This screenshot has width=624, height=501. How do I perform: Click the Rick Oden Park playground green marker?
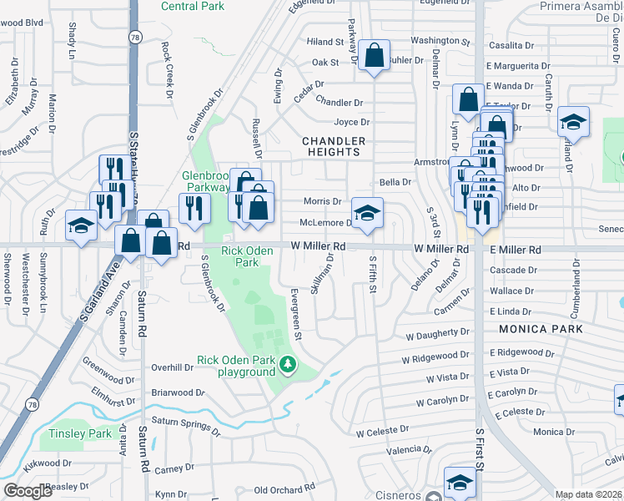pos(288,364)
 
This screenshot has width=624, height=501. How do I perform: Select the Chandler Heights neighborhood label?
pos(331,146)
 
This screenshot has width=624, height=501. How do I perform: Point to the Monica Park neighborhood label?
pos(541,329)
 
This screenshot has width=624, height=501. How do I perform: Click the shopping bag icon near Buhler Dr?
pos(375,56)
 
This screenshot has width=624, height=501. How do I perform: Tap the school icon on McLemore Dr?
pos(367,213)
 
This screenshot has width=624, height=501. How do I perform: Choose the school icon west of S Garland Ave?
pos(82,225)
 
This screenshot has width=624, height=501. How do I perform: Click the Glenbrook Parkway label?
pos(206,181)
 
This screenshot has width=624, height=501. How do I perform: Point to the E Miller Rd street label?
pos(515,250)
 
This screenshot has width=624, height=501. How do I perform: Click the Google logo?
pos(28,491)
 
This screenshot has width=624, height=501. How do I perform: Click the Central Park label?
pos(193,6)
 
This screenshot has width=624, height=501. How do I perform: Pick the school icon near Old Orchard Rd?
pos(459,482)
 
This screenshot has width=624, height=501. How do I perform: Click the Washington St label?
pos(440,40)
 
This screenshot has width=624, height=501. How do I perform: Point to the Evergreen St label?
pos(295,314)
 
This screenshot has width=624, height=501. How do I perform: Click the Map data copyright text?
pos(589,494)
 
